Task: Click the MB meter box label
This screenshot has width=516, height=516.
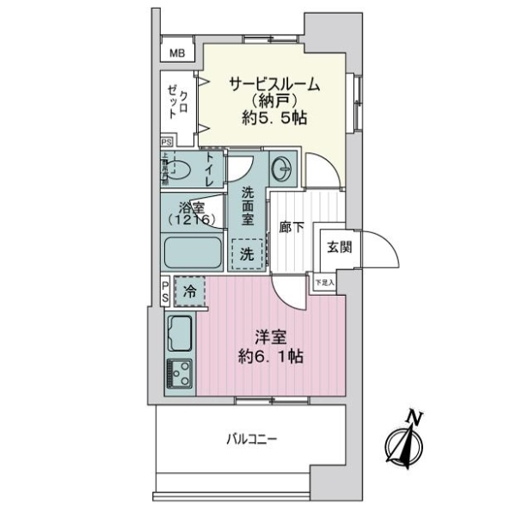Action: coord(177,53)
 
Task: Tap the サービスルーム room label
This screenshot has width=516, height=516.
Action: coord(274,84)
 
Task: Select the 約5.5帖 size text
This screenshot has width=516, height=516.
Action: coord(274,120)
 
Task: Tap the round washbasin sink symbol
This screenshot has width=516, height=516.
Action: coord(281,167)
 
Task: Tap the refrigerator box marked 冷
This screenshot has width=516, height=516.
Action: coord(190,292)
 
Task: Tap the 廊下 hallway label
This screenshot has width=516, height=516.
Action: coord(292,228)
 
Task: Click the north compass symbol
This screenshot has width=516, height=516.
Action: coord(403,444)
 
